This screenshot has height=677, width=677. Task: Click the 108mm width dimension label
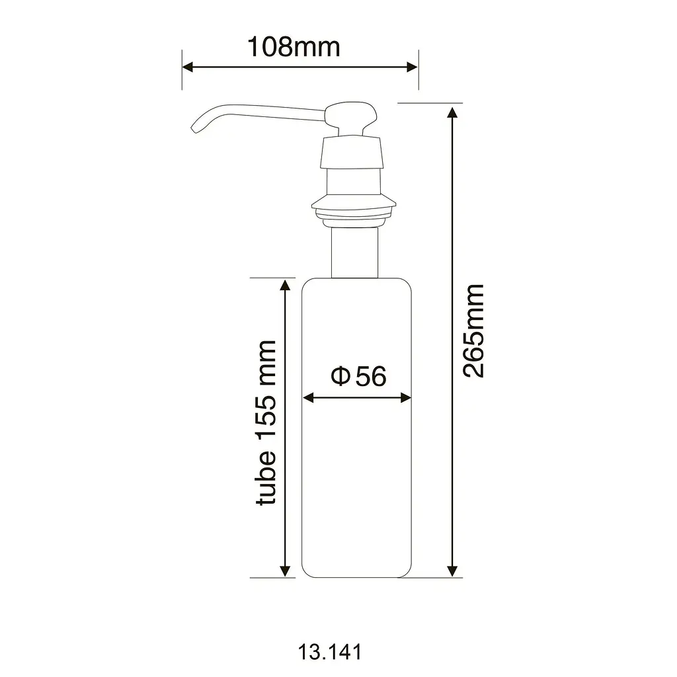(294, 47)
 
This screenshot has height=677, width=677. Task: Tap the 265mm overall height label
(473, 331)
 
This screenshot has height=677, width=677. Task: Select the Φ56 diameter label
(358, 376)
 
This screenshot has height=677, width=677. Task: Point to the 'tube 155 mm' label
(266, 422)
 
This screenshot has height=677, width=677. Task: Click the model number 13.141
(330, 651)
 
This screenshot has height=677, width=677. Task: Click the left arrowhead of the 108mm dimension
(187, 67)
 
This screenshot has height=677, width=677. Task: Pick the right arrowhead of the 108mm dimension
(413, 67)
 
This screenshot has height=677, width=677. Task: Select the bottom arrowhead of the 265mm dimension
(452, 571)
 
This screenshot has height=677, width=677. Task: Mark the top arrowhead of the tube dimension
(285, 285)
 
